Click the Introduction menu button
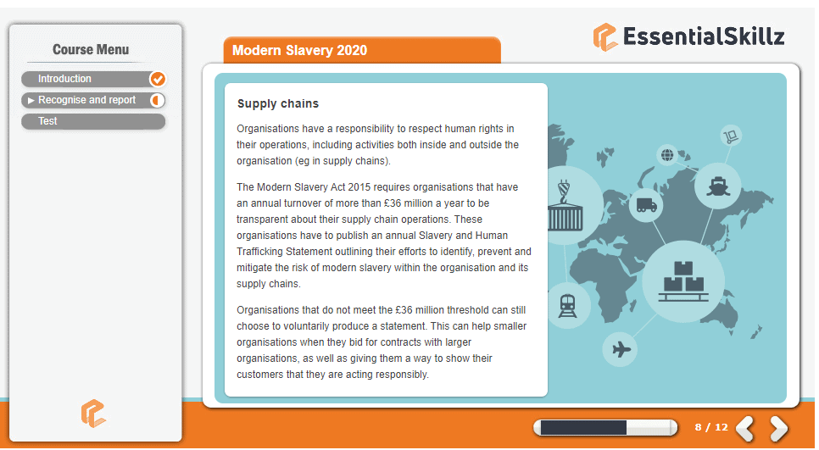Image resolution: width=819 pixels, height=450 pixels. (x=93, y=79)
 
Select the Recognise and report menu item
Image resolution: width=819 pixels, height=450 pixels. (x=93, y=100)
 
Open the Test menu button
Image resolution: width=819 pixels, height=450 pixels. (x=93, y=121)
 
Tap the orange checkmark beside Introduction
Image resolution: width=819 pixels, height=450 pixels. (x=157, y=79)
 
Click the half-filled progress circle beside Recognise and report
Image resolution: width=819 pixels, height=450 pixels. (x=157, y=100)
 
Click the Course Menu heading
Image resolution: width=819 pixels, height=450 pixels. (x=91, y=50)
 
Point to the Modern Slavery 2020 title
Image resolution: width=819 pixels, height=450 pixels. (x=300, y=50)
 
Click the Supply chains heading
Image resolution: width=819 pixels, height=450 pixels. (x=278, y=103)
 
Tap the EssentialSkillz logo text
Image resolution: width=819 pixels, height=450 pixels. (x=704, y=36)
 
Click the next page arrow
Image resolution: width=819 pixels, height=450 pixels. (x=778, y=428)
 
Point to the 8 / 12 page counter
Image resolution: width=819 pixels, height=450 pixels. (x=710, y=427)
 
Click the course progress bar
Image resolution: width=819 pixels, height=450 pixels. (x=604, y=428)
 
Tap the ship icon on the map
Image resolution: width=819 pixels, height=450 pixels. (x=717, y=186)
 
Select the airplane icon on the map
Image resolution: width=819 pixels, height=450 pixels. (x=621, y=348)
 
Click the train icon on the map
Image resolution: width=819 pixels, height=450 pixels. (x=567, y=306)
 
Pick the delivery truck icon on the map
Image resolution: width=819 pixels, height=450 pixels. (x=647, y=205)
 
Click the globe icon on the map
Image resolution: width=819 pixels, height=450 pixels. (x=667, y=154)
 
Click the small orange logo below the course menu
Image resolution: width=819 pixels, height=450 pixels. (x=93, y=414)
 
